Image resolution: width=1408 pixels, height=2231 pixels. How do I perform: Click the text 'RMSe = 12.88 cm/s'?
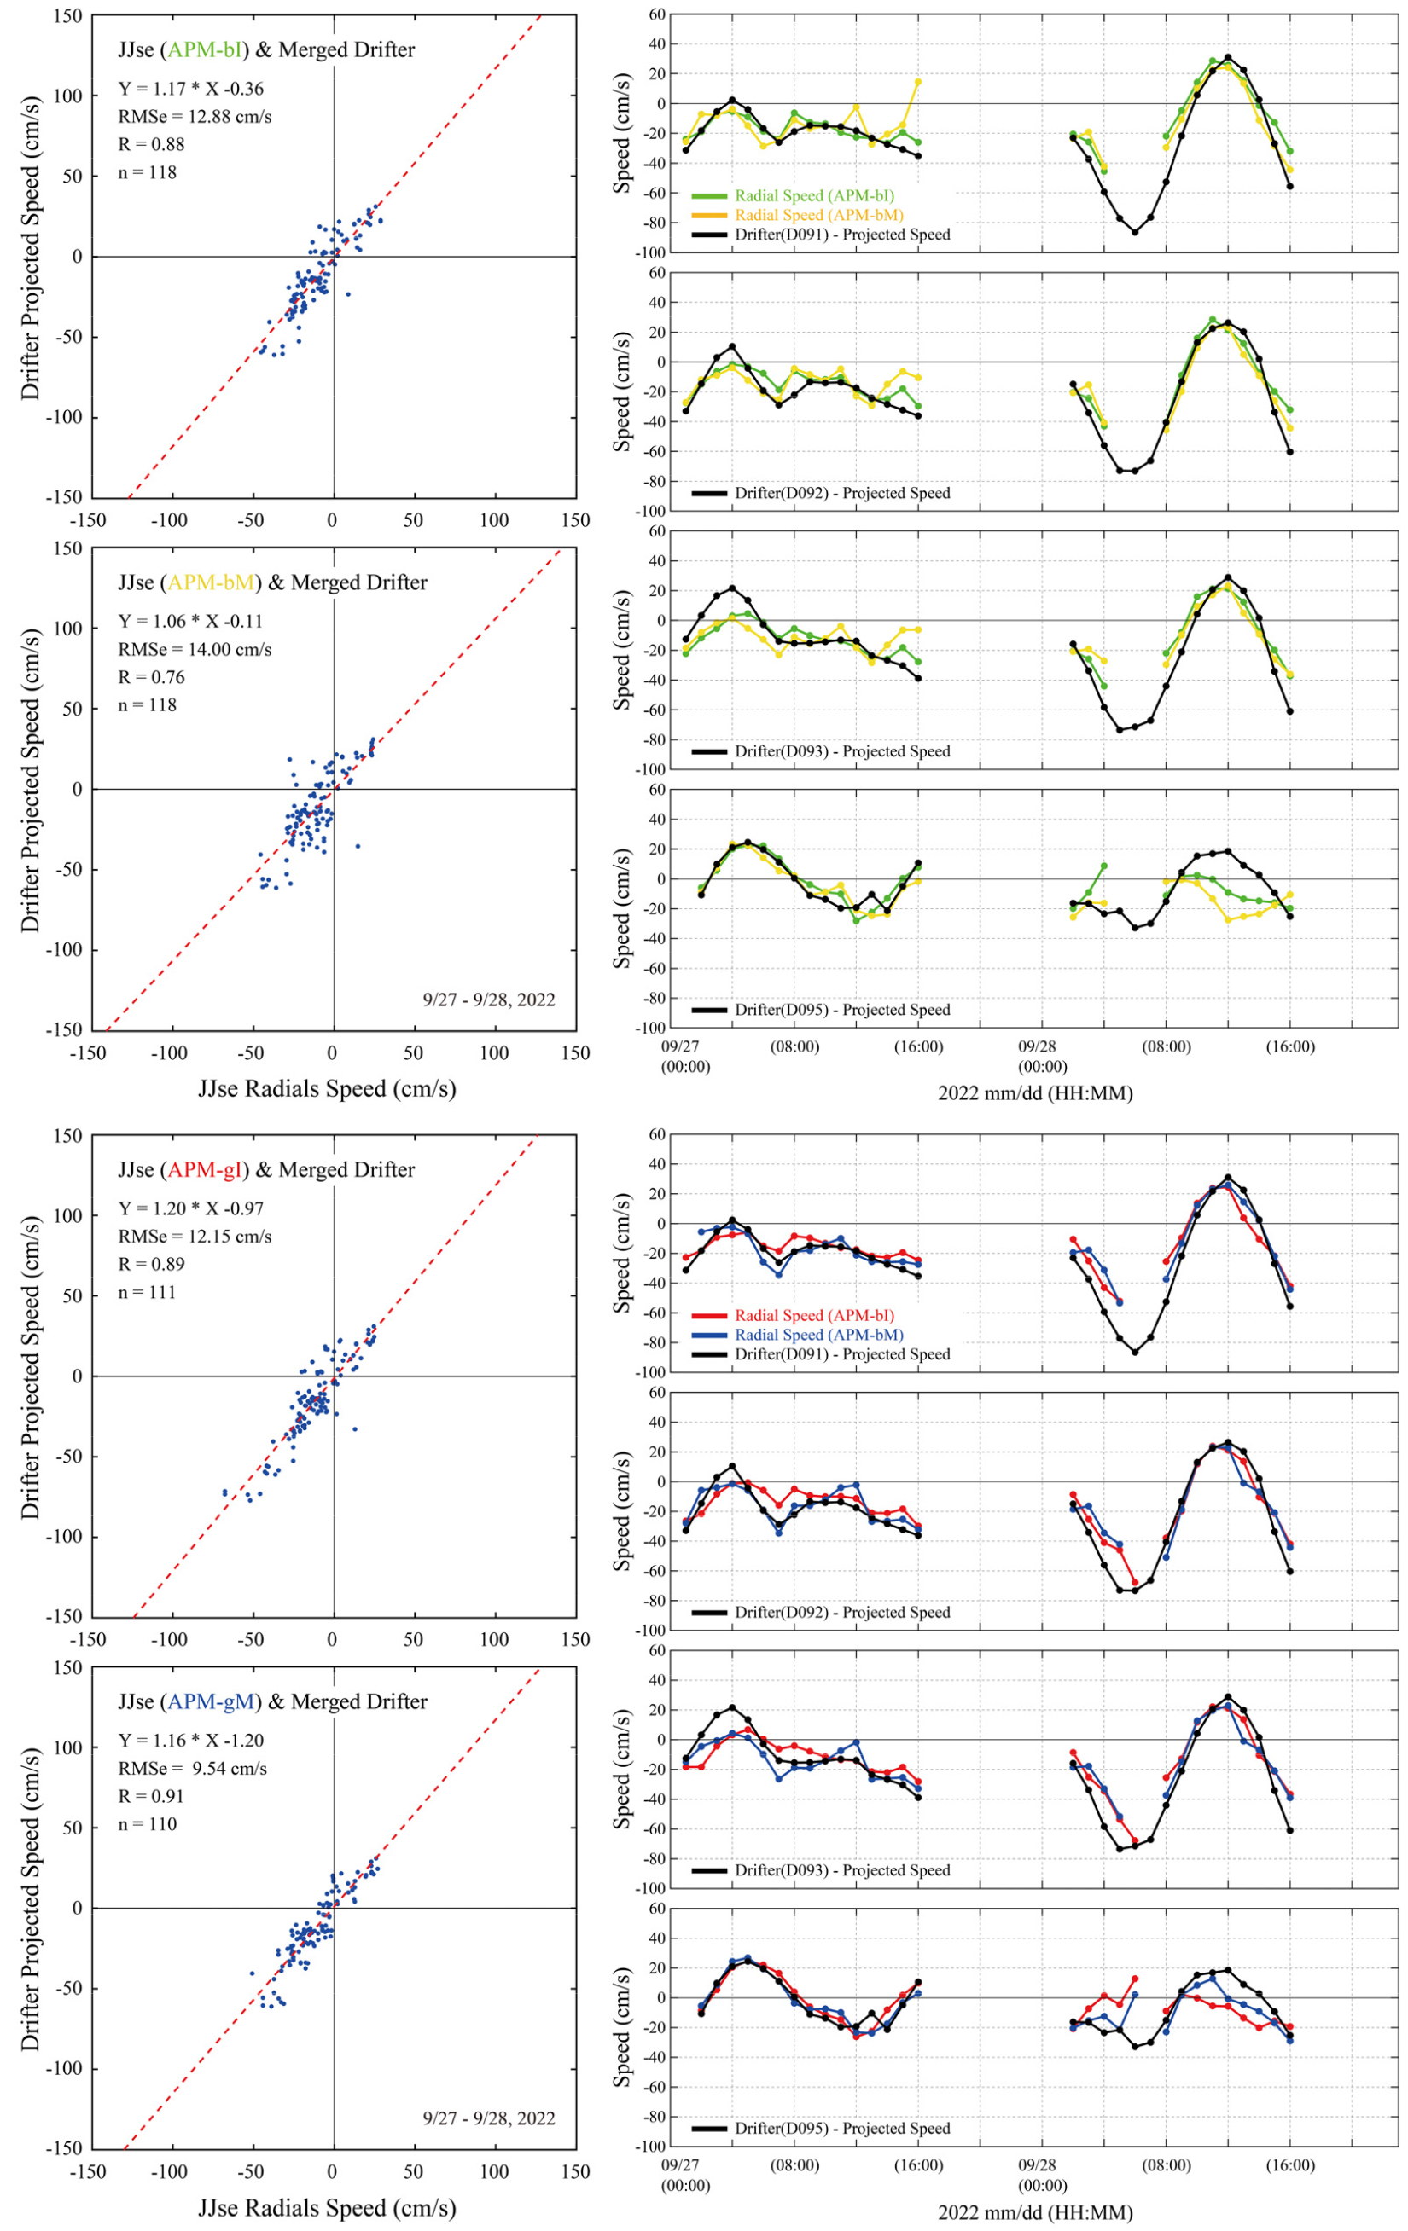pyautogui.click(x=195, y=117)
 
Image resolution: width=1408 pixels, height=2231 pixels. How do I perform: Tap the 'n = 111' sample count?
pyautogui.click(x=148, y=1291)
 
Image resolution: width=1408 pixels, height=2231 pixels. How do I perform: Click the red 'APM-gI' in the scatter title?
pyautogui.click(x=206, y=1170)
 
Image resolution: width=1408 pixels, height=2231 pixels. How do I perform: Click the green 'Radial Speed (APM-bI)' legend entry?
pyautogui.click(x=814, y=195)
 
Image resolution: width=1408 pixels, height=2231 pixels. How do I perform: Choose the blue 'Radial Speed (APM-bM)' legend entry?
pyautogui.click(x=818, y=1334)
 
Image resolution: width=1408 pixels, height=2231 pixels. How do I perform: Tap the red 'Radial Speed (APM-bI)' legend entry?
pyautogui.click(x=814, y=1315)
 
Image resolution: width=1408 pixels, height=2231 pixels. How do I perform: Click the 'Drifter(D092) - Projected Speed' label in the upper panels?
pyautogui.click(x=841, y=493)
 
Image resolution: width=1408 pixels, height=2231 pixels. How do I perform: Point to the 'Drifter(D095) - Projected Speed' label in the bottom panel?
pyautogui.click(x=841, y=2128)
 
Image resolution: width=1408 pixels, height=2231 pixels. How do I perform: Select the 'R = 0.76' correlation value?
pyautogui.click(x=151, y=677)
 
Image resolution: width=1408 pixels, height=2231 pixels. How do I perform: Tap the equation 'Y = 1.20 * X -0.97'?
pyautogui.click(x=191, y=1208)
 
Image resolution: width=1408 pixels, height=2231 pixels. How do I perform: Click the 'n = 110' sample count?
pyautogui.click(x=148, y=1824)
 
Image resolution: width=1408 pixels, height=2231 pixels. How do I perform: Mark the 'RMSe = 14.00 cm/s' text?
pyautogui.click(x=195, y=650)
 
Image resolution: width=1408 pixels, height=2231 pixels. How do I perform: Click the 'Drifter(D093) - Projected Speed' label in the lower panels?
pyautogui.click(x=841, y=1869)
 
